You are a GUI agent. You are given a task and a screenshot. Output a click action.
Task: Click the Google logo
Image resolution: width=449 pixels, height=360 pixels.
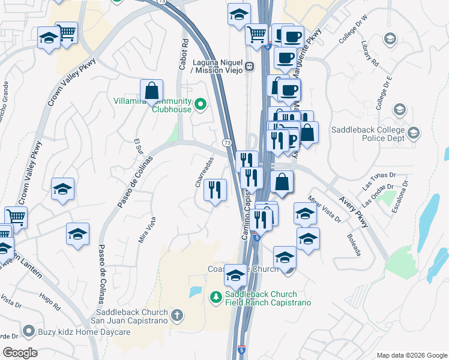click(20, 352)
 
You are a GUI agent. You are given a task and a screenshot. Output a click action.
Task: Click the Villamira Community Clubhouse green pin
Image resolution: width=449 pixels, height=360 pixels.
click(202, 106)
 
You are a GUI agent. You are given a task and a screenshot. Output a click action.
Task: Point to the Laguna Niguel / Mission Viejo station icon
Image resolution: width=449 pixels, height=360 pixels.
click(249, 65)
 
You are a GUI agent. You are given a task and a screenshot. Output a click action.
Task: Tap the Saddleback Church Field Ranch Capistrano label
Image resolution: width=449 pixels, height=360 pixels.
click(268, 299)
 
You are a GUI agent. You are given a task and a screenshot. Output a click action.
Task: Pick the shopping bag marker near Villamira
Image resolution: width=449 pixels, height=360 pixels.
click(152, 91)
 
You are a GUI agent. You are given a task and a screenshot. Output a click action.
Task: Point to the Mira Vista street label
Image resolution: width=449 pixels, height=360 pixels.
click(147, 230)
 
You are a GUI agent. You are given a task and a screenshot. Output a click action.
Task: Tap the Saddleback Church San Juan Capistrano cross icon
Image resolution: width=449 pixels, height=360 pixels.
click(177, 314)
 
